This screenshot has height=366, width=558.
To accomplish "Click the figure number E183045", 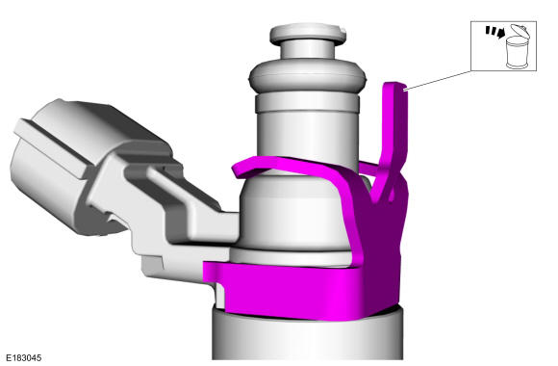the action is [x=24, y=357].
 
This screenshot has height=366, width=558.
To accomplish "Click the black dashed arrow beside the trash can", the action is [x=495, y=32].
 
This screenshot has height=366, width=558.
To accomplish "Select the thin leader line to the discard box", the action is [x=439, y=80].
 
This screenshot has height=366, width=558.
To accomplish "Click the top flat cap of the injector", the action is [x=308, y=33].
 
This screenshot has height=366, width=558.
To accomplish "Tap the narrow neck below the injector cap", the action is [x=308, y=52].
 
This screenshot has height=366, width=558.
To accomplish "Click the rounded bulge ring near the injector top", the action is [x=307, y=77].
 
